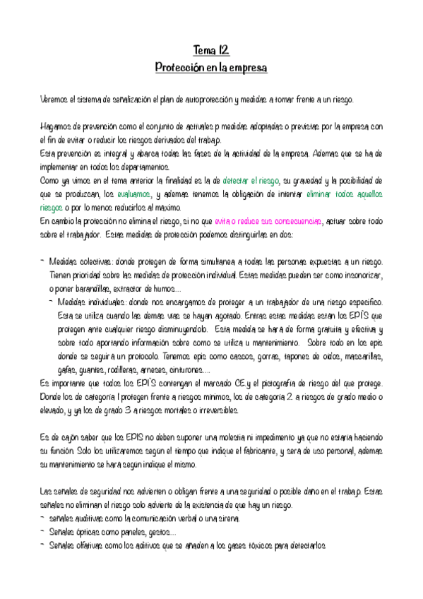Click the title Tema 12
[211, 50]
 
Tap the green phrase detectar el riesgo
[251, 181]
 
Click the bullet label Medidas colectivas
[79, 261]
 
